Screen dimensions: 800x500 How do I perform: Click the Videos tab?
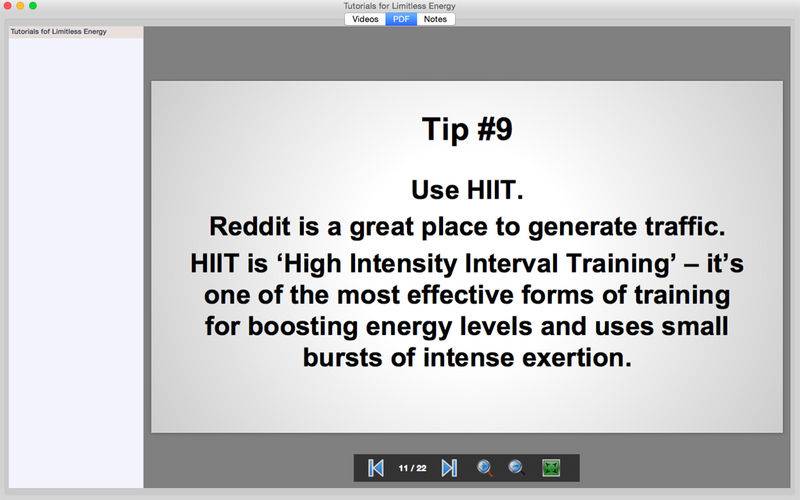(365, 19)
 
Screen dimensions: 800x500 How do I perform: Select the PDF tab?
(401, 19)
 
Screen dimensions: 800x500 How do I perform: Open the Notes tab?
(435, 19)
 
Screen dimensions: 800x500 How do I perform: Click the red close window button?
(8, 6)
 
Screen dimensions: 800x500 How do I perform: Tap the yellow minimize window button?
(20, 6)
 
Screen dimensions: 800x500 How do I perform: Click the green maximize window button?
(33, 6)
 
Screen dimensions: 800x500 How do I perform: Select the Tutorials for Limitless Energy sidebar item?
(59, 32)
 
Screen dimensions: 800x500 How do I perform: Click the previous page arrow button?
(376, 468)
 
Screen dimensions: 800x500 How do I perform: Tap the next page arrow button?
(449, 468)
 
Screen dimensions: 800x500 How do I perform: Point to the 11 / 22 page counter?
(412, 468)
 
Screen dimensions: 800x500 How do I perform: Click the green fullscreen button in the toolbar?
(551, 468)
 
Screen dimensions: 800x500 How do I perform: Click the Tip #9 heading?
(467, 129)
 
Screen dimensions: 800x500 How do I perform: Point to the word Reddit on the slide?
(250, 226)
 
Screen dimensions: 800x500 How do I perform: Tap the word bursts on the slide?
(342, 358)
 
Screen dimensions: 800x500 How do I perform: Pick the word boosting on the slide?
(303, 327)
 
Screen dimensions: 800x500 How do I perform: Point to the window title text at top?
(399, 6)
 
